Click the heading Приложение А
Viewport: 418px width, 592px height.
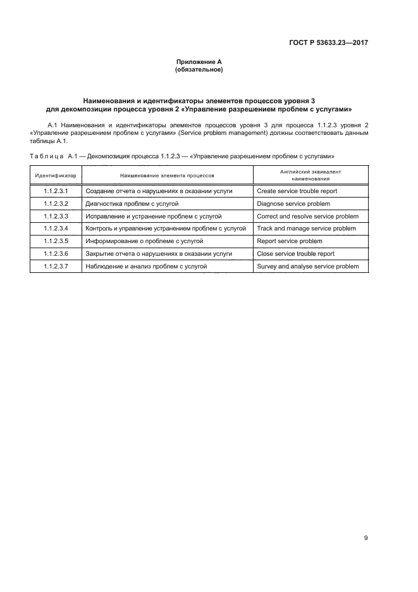tap(199, 61)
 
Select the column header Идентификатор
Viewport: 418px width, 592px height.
tap(56, 174)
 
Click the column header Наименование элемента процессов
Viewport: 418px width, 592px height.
tap(167, 174)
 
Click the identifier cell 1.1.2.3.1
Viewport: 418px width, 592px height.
tap(56, 191)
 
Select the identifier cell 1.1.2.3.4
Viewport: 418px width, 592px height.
tap(56, 229)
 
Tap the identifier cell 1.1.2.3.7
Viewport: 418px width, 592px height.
tap(56, 267)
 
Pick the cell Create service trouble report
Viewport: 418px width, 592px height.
tap(297, 191)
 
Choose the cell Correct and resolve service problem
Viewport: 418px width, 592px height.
tap(307, 216)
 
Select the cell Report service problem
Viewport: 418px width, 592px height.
tap(290, 241)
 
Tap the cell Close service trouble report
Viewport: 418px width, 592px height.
tap(295, 254)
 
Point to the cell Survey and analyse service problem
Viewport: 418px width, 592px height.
tap(308, 267)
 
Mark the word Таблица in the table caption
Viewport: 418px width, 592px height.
tap(43, 155)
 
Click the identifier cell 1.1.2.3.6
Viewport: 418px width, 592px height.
tap(56, 254)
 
